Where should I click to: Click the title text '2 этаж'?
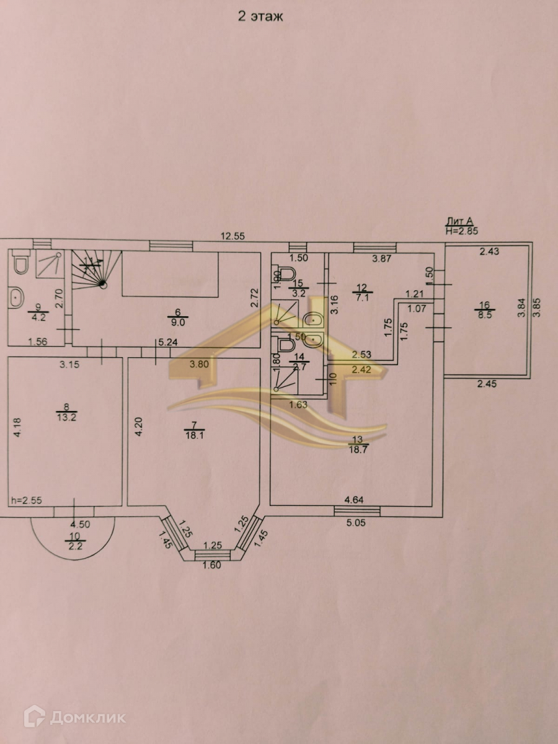click(x=260, y=17)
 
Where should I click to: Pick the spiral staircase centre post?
click(x=103, y=285)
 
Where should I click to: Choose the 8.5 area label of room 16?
click(x=485, y=314)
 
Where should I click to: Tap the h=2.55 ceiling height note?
click(x=25, y=500)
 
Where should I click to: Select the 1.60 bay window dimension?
click(x=212, y=564)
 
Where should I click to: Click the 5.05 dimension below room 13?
click(x=356, y=522)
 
